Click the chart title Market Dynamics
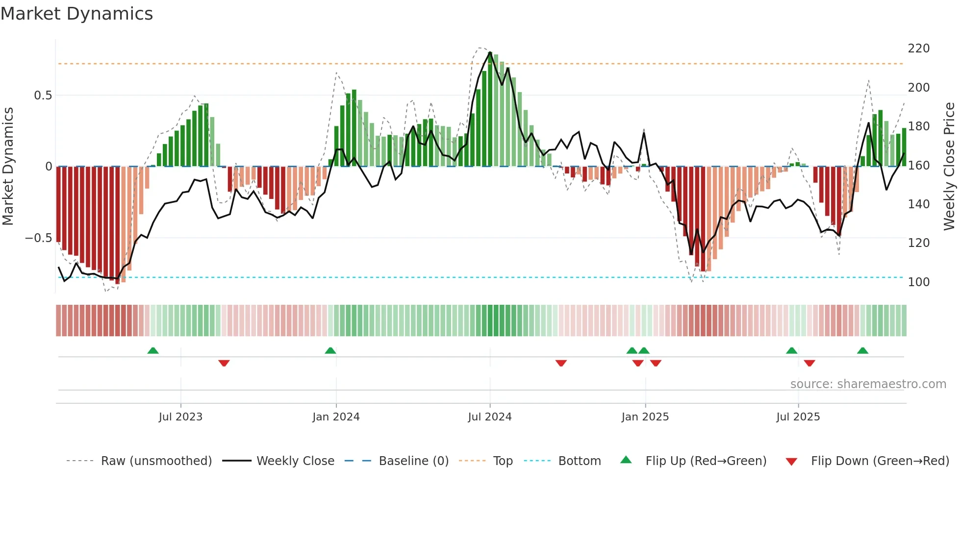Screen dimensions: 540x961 pyautogui.click(x=76, y=14)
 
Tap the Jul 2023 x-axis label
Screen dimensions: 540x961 pyautogui.click(x=180, y=417)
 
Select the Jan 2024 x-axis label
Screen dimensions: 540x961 pyautogui.click(x=336, y=417)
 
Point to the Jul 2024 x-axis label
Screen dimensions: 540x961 pyautogui.click(x=489, y=417)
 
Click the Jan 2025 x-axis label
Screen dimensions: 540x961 pyautogui.click(x=645, y=417)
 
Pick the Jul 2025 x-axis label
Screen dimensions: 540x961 pyautogui.click(x=798, y=417)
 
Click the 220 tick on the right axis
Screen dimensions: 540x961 pyautogui.click(x=918, y=49)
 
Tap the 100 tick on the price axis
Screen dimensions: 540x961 pyautogui.click(x=918, y=282)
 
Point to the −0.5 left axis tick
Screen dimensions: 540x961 pyautogui.click(x=38, y=238)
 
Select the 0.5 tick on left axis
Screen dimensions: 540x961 pyautogui.click(x=43, y=96)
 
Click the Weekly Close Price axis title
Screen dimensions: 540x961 pyautogui.click(x=949, y=166)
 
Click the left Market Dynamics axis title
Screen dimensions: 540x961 pyautogui.click(x=8, y=166)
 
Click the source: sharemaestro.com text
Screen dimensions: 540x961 pyautogui.click(x=868, y=384)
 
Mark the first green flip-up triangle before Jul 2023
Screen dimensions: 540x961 pyautogui.click(x=153, y=350)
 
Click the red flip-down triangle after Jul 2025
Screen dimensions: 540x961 pyautogui.click(x=809, y=363)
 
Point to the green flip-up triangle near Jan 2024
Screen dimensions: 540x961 pyautogui.click(x=330, y=350)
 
